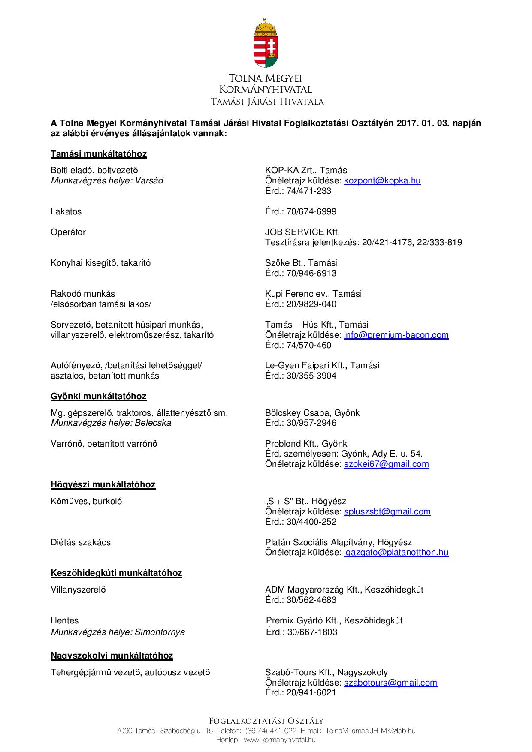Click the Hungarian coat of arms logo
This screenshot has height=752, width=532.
tap(266, 43)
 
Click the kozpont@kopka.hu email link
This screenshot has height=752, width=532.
tap(382, 180)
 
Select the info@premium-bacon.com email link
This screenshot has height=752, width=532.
tap(396, 335)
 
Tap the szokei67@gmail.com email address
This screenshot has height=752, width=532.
tap(386, 464)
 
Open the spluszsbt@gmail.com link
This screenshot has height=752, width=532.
tap(387, 511)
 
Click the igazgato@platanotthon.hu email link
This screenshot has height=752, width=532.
tap(396, 552)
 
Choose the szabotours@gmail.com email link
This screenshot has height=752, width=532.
tap(390, 683)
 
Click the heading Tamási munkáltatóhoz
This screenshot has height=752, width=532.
tap(99, 154)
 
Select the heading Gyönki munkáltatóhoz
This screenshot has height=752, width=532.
tap(98, 396)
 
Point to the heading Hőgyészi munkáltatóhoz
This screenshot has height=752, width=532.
tap(103, 484)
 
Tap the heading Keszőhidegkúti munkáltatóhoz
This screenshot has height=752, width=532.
tap(116, 573)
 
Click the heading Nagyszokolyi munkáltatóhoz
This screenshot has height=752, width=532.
tap(112, 656)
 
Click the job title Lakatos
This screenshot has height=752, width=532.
tap(66, 211)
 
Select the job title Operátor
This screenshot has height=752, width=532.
tap(68, 232)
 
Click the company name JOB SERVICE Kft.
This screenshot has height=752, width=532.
tap(302, 232)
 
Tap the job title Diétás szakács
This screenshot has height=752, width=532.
tap(81, 542)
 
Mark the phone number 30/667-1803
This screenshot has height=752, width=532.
tap(312, 632)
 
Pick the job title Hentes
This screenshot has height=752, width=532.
tap(65, 620)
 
